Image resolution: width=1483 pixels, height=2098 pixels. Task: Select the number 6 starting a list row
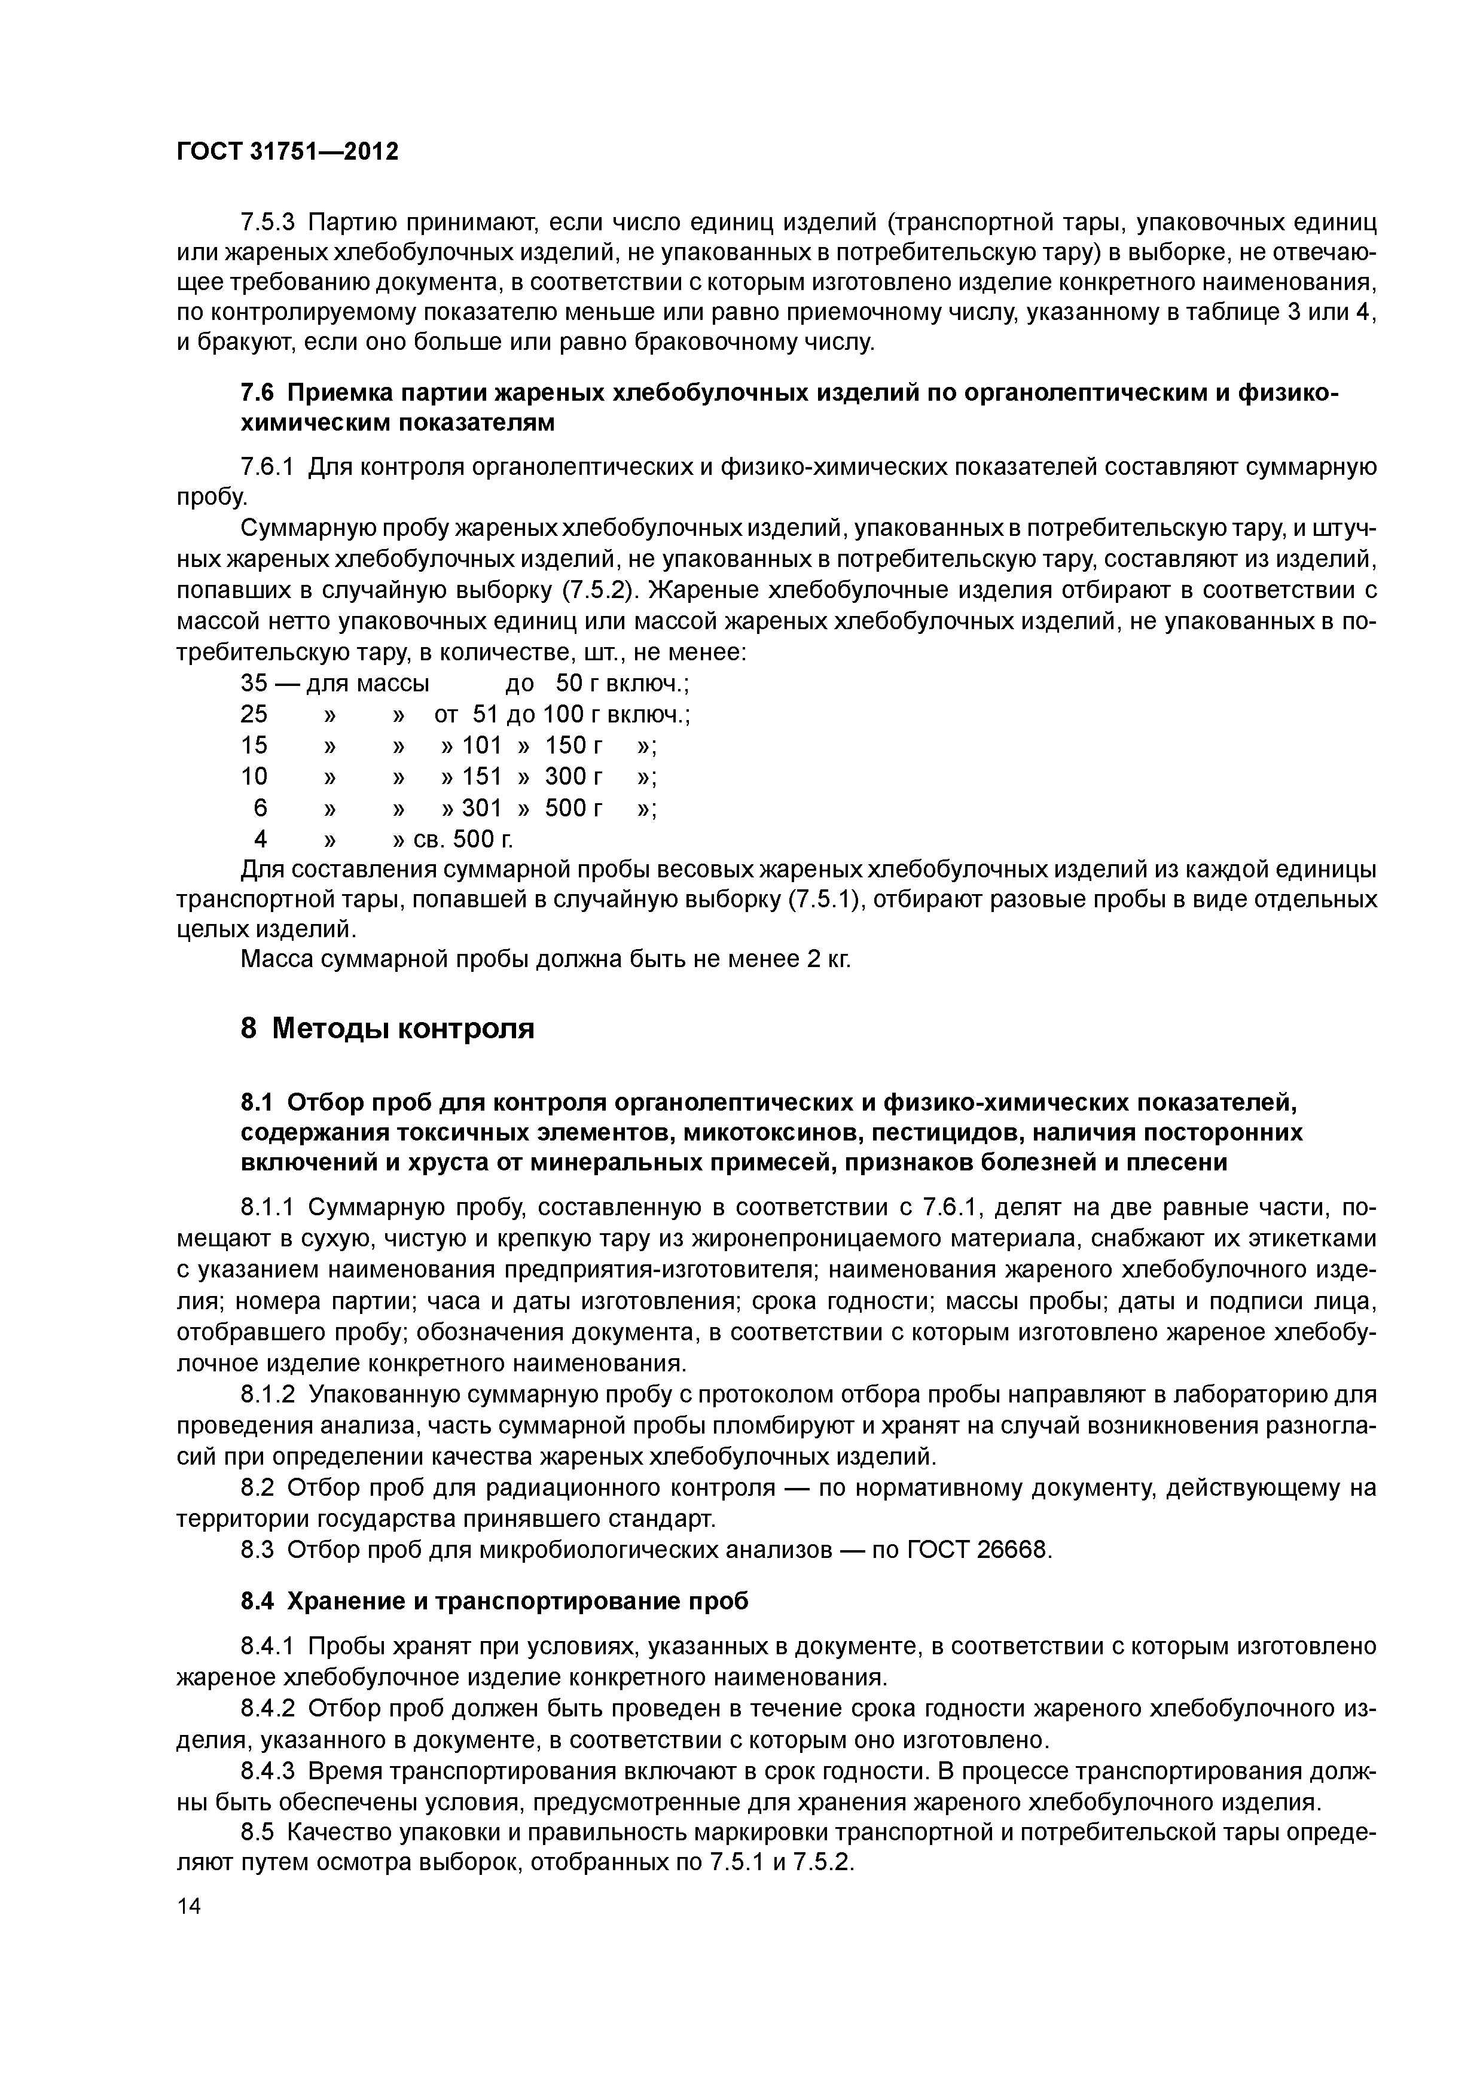tap(260, 808)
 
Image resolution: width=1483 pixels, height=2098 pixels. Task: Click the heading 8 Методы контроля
tap(387, 1029)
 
